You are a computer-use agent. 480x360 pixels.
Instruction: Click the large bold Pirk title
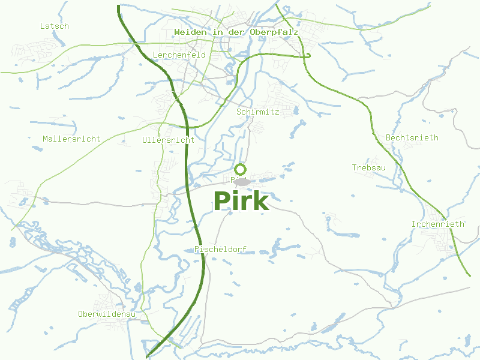241,201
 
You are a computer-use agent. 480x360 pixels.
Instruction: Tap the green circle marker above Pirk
241,169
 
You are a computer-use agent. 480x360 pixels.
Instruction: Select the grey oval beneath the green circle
242,182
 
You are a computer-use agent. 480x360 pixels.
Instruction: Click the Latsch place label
55,26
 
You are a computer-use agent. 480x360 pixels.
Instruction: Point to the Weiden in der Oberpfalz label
236,32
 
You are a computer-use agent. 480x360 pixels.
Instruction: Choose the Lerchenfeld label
179,55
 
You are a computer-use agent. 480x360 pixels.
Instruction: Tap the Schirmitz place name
258,112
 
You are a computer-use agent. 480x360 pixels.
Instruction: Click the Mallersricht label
71,139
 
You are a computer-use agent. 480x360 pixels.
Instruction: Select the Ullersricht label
169,140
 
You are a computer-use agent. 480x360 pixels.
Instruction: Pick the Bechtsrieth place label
412,138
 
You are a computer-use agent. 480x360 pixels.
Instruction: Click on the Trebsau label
369,168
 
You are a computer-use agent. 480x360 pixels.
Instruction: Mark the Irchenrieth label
438,224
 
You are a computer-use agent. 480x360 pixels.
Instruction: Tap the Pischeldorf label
221,250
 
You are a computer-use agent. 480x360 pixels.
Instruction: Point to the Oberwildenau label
107,314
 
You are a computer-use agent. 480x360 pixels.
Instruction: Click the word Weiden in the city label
189,32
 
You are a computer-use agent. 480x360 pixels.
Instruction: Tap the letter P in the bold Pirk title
221,201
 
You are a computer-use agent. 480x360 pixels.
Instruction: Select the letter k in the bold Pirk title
260,201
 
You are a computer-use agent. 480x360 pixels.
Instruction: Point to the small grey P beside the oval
232,179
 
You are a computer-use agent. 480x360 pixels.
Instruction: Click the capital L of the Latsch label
43,26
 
